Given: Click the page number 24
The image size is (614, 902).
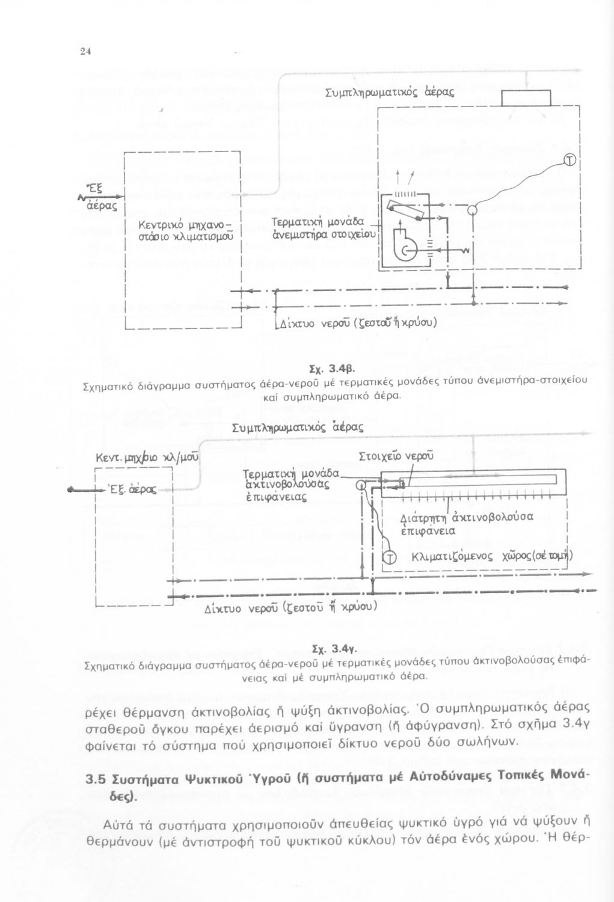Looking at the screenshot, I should (x=85, y=51).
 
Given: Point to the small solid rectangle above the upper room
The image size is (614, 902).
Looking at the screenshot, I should (x=527, y=97).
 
